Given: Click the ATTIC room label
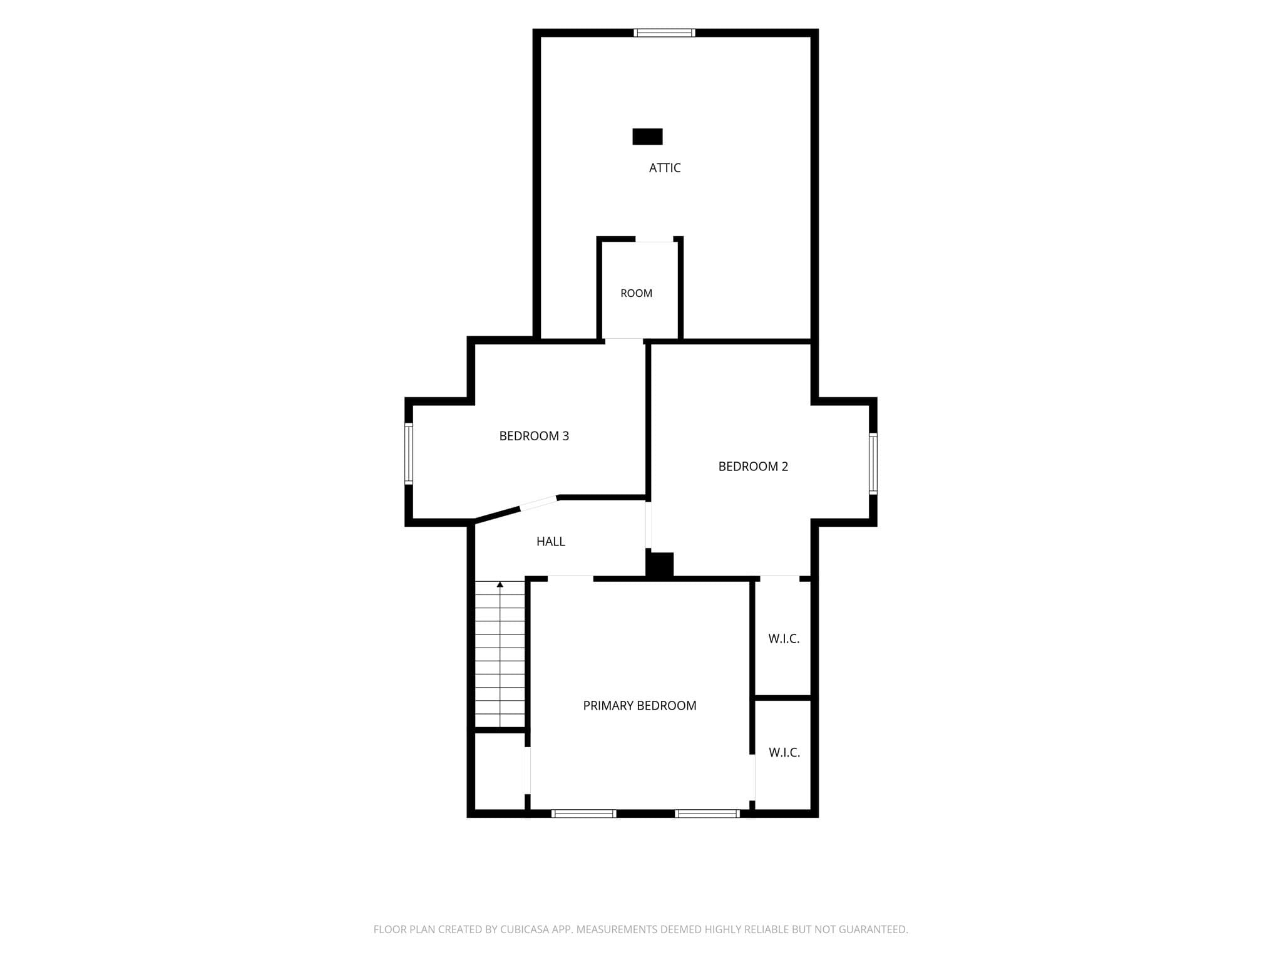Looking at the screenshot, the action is point(665,168).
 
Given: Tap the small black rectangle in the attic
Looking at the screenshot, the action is point(647,137).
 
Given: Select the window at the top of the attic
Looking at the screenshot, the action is point(664,33).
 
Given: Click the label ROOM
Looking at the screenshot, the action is point(637,293).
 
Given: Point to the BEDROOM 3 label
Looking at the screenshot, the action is point(534,436).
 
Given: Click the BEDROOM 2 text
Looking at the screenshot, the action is point(753,467).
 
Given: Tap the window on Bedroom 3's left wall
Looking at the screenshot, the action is point(409,454).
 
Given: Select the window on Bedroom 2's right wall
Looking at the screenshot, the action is point(873,463).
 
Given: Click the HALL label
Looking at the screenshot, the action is point(551,542).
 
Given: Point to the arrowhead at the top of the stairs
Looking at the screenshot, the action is point(500,584).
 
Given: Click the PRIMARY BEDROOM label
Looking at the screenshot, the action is point(640,706).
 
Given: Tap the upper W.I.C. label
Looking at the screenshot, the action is point(784,639).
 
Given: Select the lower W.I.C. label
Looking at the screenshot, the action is point(784,752).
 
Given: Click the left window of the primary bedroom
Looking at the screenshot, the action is point(584,814).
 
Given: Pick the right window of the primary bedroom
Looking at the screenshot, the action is point(707,814).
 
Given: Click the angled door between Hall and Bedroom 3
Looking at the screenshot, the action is point(539,503).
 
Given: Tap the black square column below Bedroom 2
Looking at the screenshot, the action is point(660,564).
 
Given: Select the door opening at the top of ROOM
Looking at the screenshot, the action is point(654,239).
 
